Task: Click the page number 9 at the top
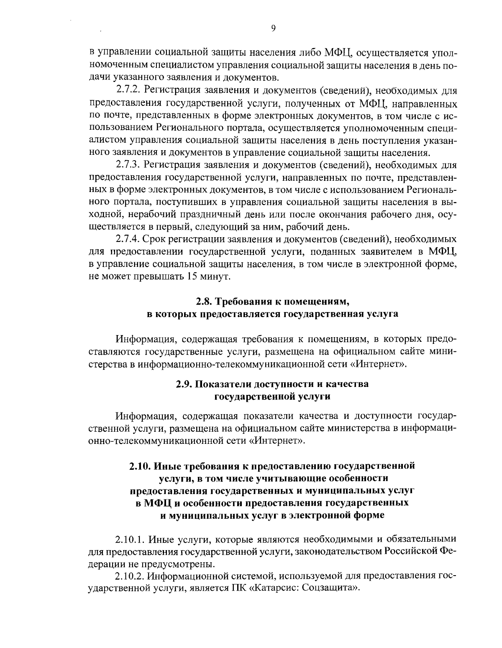coord(273,28)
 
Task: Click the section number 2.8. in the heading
coord(205,301)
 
